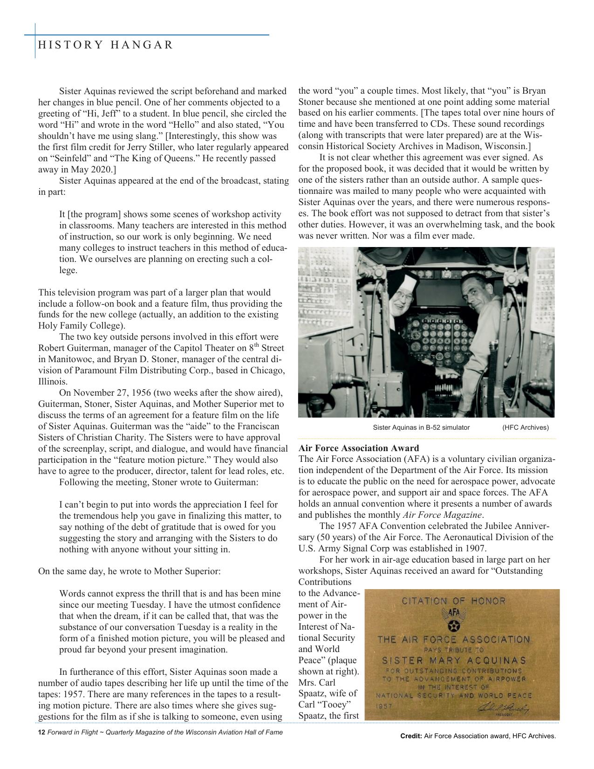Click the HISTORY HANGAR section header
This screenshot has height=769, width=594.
105,45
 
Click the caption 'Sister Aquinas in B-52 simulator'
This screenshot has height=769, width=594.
421,427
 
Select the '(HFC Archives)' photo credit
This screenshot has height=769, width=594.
526,427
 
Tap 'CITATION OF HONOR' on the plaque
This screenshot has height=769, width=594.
453,601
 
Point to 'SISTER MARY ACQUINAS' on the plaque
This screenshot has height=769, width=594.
454,661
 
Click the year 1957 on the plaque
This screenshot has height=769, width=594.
384,706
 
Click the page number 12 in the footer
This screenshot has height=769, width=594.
41,732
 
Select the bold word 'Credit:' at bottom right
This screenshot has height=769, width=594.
411,736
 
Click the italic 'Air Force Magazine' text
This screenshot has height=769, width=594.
442,515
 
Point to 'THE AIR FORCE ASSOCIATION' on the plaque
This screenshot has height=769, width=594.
454,639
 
